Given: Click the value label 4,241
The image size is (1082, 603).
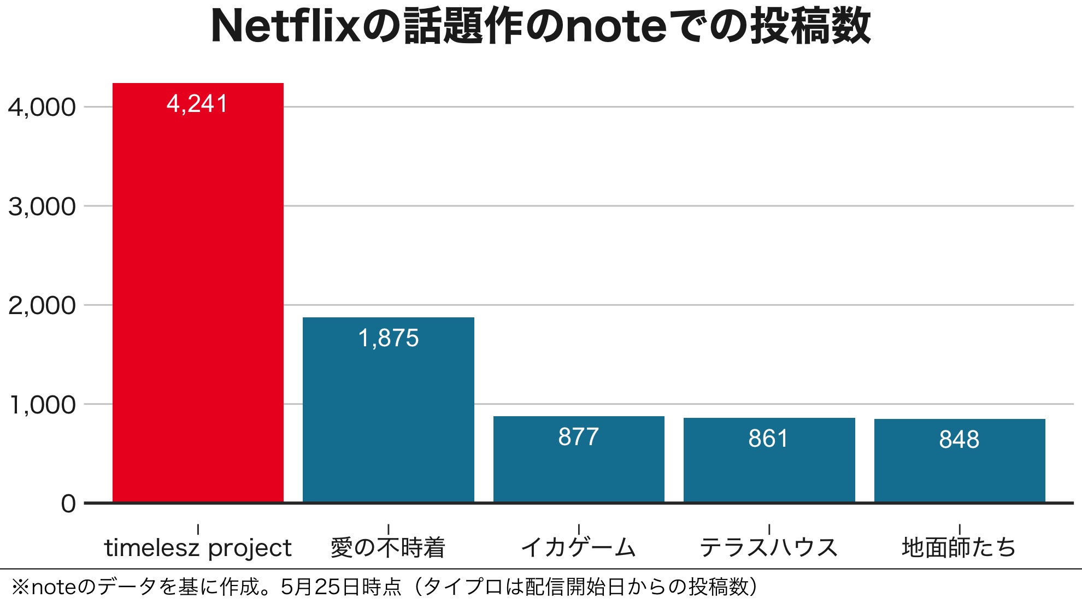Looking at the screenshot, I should pyautogui.click(x=197, y=104).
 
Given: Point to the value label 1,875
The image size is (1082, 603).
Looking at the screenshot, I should pyautogui.click(x=388, y=338).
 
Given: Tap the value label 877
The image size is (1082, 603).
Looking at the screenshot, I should pyautogui.click(x=579, y=437).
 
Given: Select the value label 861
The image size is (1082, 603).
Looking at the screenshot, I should pyautogui.click(x=768, y=439).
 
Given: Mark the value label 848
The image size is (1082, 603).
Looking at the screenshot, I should pyautogui.click(x=959, y=440).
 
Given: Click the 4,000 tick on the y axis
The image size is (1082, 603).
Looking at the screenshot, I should pyautogui.click(x=42, y=108).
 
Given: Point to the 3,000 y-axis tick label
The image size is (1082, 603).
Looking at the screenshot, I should pyautogui.click(x=42, y=207).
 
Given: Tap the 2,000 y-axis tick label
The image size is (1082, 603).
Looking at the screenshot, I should pyautogui.click(x=42, y=306).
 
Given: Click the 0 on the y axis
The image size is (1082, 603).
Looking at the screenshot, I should pyautogui.click(x=68, y=504).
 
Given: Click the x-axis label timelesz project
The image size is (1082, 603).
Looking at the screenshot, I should pyautogui.click(x=198, y=548).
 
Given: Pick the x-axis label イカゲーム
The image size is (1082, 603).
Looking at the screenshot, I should pyautogui.click(x=578, y=547).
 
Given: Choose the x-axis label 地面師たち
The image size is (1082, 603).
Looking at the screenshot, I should pyautogui.click(x=959, y=547).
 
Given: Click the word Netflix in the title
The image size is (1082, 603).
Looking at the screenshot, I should pyautogui.click(x=285, y=26).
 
